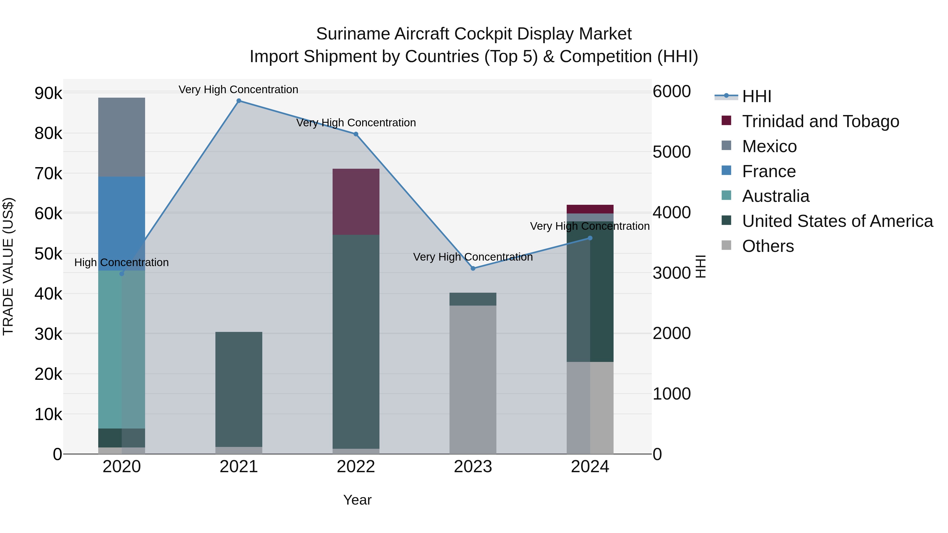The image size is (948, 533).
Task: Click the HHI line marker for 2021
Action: click(x=239, y=101)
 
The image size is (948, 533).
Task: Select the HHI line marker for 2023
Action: click(x=473, y=268)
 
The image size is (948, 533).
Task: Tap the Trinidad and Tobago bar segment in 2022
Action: click(x=356, y=202)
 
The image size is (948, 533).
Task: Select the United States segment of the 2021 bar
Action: click(x=239, y=389)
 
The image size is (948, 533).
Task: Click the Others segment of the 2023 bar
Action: click(x=473, y=379)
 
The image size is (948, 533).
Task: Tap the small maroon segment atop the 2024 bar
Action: click(x=590, y=209)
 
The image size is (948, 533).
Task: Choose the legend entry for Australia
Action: click(x=776, y=196)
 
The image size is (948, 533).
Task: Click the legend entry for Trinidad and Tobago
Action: click(x=820, y=121)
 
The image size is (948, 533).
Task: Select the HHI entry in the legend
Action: click(x=756, y=96)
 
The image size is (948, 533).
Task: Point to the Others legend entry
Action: click(x=768, y=246)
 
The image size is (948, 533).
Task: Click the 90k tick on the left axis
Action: click(x=48, y=93)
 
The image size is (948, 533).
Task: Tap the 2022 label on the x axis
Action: click(x=356, y=467)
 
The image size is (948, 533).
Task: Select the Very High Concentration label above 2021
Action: click(x=239, y=90)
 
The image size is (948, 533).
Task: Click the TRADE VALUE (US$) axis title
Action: click(x=8, y=266)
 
